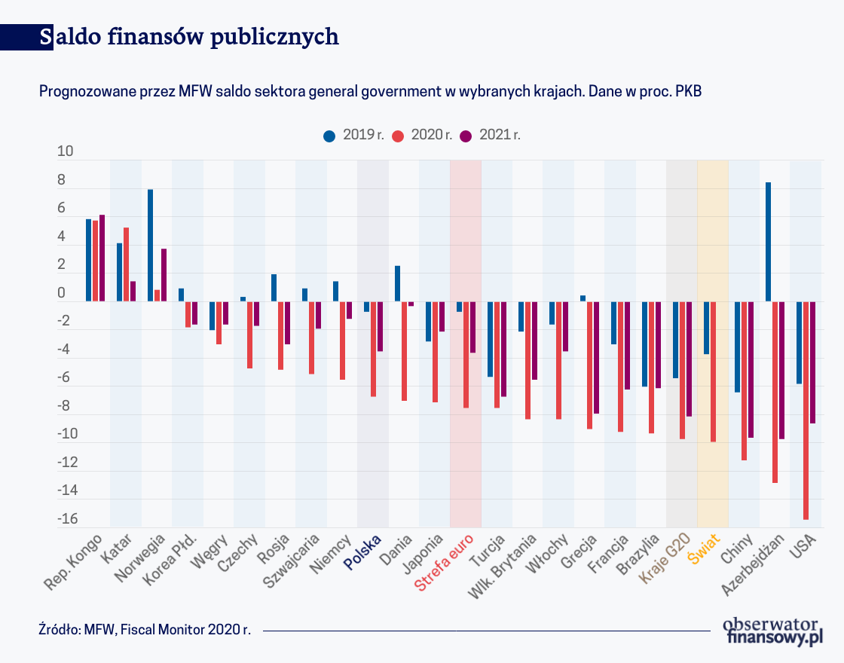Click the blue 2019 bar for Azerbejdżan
coord(768,242)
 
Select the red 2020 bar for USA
coord(806,410)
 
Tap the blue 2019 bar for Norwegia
coord(151,245)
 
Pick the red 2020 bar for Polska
coord(374,348)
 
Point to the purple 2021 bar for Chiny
coord(751,369)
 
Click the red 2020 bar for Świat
coord(713,371)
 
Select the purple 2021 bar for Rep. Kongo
coord(102,258)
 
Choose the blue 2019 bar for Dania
coord(398,283)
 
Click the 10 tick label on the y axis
coord(66,151)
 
